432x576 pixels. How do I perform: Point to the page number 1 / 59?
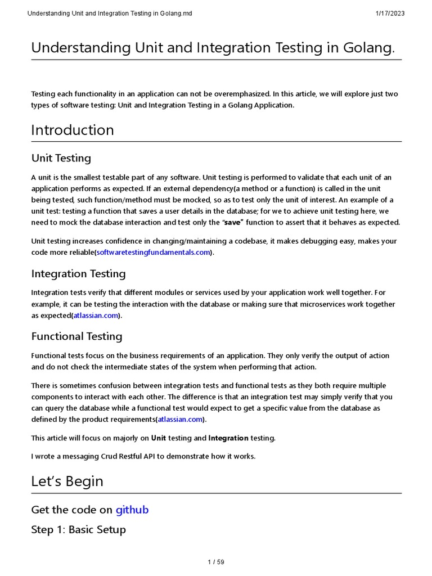click(215, 562)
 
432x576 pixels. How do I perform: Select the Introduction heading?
click(73, 130)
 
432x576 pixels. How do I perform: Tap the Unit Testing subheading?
click(61, 158)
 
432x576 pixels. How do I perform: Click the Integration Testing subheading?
click(78, 274)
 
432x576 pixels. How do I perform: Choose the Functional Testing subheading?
click(76, 336)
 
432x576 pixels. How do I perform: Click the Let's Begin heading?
click(67, 481)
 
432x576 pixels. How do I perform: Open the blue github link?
click(132, 510)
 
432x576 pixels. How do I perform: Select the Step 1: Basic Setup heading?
click(78, 529)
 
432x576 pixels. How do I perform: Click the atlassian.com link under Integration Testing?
click(96, 316)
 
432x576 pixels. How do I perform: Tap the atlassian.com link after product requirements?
click(180, 420)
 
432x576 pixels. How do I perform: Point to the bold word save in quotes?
click(233, 222)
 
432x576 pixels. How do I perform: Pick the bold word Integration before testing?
click(228, 438)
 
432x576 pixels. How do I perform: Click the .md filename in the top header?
click(110, 13)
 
